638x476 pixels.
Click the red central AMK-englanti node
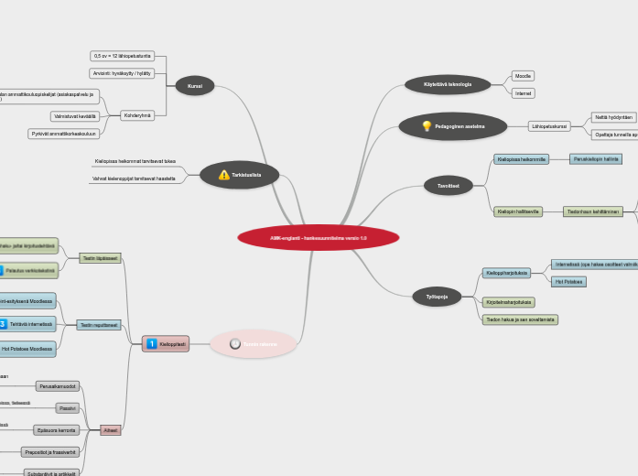point(318,238)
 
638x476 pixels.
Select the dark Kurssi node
point(194,85)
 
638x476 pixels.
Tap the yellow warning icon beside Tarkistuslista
point(224,174)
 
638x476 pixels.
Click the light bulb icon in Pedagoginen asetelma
point(426,126)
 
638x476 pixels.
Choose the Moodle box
point(523,76)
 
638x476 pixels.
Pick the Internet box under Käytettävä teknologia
point(523,93)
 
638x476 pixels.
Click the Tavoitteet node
point(448,186)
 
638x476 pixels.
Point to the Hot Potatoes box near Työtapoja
point(568,281)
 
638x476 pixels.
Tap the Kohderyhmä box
point(137,115)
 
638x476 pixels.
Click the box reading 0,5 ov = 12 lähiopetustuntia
point(122,56)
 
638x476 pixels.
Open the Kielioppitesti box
point(167,344)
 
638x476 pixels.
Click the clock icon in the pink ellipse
point(235,344)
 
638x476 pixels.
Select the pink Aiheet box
point(110,430)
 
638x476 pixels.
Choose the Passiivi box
point(68,408)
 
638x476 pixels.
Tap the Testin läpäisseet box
point(100,258)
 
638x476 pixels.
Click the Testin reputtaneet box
point(98,325)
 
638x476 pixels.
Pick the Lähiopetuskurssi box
point(549,126)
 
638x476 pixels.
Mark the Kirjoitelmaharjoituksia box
point(508,301)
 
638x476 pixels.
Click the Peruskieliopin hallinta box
point(596,158)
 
